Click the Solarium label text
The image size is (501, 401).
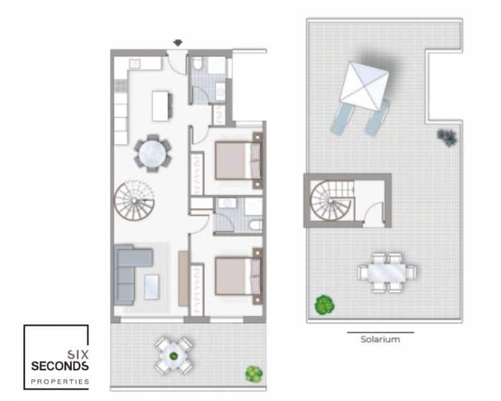[x=380, y=340]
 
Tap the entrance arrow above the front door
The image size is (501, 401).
[x=178, y=43]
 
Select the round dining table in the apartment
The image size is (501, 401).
[x=152, y=152]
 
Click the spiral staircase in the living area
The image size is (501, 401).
[x=133, y=199]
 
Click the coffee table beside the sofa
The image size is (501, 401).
[x=152, y=287]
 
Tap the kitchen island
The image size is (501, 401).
[x=162, y=105]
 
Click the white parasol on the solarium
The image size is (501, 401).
[x=364, y=81]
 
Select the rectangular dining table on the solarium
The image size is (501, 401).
[x=387, y=273]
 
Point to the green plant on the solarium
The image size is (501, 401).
[x=324, y=305]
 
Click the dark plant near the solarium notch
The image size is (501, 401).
[x=447, y=137]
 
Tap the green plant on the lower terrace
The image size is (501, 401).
[x=254, y=373]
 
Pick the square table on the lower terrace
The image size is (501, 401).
[x=174, y=355]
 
